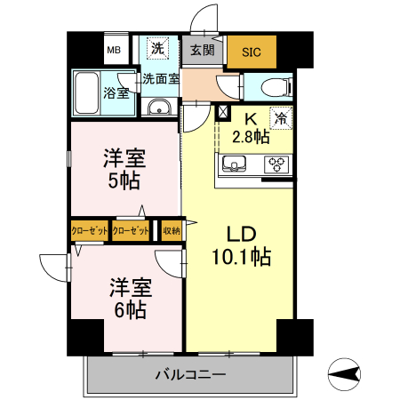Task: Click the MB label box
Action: pyautogui.click(x=114, y=50)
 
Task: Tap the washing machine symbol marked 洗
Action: pyautogui.click(x=156, y=48)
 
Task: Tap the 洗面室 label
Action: pyautogui.click(x=162, y=78)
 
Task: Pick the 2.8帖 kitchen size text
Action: pyautogui.click(x=250, y=136)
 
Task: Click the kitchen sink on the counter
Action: pyautogui.click(x=236, y=164)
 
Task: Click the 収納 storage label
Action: pyautogui.click(x=171, y=230)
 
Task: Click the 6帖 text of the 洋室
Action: pyautogui.click(x=130, y=309)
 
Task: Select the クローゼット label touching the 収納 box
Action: pyautogui.click(x=130, y=230)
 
